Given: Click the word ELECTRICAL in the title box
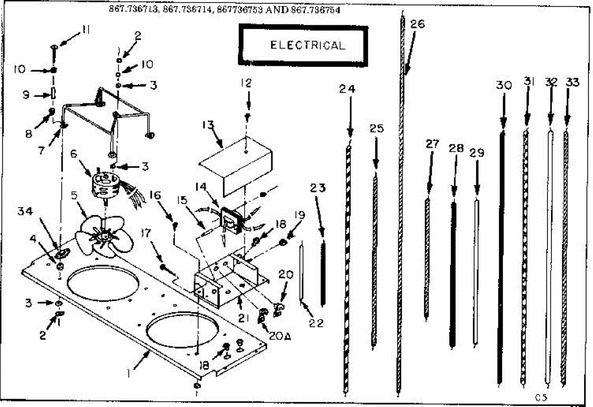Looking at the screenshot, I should pyautogui.click(x=307, y=45).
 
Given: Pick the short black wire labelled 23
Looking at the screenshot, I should pyautogui.click(x=324, y=272).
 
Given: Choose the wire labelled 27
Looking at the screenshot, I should pyautogui.click(x=427, y=257).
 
